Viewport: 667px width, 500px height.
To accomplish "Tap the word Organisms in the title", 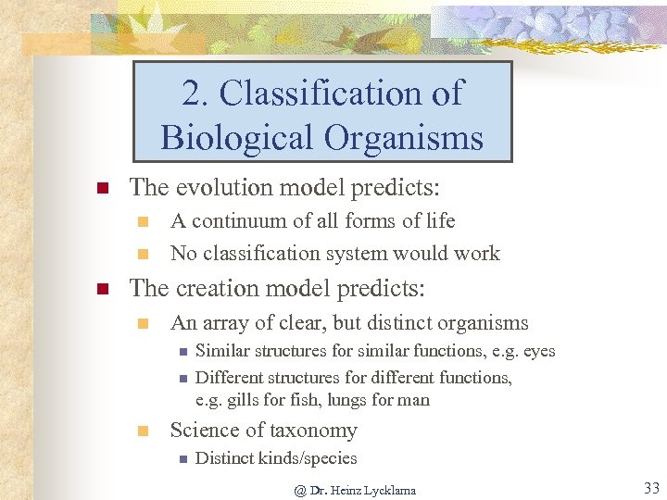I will pos(404,138).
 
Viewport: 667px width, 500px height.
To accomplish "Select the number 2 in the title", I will pos(191,94).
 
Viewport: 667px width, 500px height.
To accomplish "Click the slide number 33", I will pos(650,488).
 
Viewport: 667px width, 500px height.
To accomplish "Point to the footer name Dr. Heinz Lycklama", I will pos(362,490).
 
